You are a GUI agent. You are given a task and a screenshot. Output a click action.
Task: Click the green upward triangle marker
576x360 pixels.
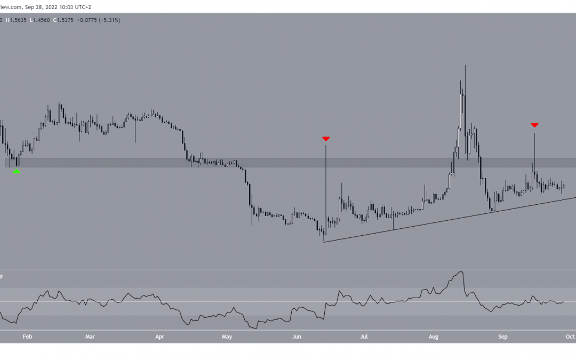17,171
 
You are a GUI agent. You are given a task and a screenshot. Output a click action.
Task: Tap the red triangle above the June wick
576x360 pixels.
326,139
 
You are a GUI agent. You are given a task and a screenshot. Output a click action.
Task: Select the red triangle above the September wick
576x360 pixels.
534,125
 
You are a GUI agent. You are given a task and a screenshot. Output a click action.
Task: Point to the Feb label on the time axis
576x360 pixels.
28,337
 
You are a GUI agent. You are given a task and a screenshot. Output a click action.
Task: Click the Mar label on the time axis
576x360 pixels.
90,337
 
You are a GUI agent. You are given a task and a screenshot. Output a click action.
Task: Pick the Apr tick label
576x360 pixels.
159,337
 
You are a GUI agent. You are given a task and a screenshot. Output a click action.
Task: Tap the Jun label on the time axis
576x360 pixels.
297,337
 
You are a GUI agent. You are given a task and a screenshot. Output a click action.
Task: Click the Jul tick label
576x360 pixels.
364,337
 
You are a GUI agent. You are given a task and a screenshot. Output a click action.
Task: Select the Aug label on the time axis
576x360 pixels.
434,337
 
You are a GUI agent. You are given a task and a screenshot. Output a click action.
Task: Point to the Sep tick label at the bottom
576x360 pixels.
502,337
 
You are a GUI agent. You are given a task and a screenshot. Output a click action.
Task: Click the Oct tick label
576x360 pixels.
570,337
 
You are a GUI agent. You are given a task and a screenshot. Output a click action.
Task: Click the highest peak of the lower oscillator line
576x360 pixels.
461,271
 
